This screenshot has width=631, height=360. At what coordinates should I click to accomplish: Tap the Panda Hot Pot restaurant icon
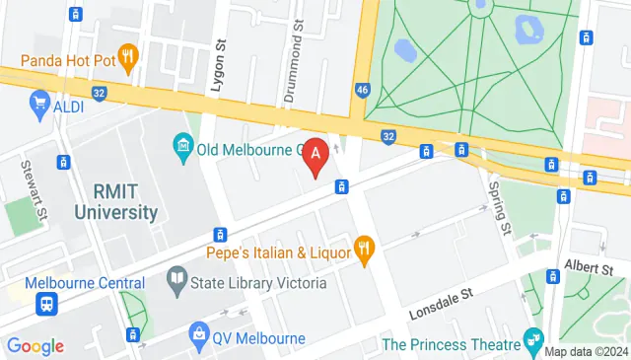click(126, 53)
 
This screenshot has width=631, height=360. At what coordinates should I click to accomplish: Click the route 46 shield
click(362, 91)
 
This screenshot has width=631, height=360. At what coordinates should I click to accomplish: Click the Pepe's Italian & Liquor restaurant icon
click(364, 252)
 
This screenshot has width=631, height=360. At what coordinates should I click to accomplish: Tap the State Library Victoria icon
click(176, 284)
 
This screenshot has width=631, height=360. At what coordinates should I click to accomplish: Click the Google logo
click(35, 346)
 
